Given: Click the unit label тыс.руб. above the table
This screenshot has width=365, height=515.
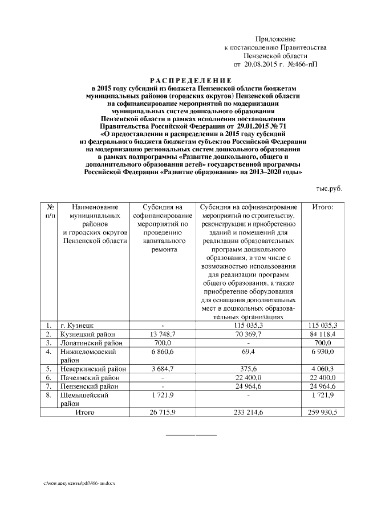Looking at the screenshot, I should pyautogui.click(x=329, y=188).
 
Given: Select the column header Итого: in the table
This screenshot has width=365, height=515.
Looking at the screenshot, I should pyautogui.click(x=323, y=208).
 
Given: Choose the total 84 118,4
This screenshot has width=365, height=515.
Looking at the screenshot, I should pyautogui.click(x=323, y=335).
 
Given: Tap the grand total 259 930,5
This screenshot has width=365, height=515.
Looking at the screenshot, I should pyautogui.click(x=323, y=411).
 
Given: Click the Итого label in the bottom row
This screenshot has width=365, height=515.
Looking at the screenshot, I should pyautogui.click(x=85, y=411).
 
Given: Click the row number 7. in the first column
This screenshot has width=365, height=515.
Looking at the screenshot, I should pyautogui.click(x=50, y=386).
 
